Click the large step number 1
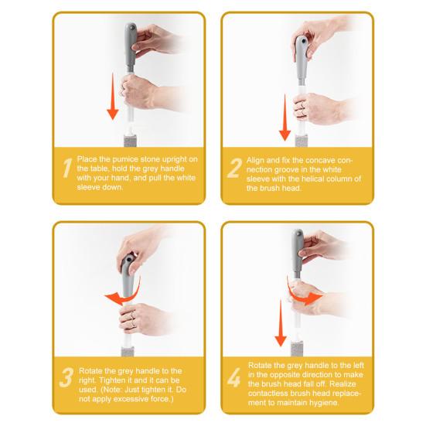coord(67,168)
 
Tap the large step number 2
coord(234,168)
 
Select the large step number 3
coord(66,377)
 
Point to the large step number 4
coord(233,377)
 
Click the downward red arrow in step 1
coord(113,96)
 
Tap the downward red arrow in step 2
coord(285,118)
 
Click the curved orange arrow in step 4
coord(303,294)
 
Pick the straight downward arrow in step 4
coord(281,323)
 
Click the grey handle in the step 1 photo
coord(130,48)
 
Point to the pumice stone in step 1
coord(130,141)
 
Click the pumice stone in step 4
coord(297,350)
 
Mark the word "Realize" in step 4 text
coord(343,384)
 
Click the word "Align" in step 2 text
coord(255,161)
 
